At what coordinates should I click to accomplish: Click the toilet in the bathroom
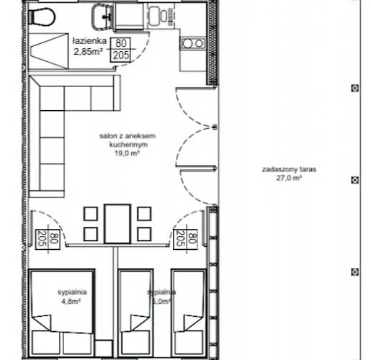pyautogui.click(x=46, y=15)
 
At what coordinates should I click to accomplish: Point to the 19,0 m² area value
pyautogui.click(x=128, y=153)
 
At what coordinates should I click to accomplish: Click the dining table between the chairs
pyautogui.click(x=117, y=223)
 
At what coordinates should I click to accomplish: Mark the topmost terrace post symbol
pyautogui.click(x=354, y=89)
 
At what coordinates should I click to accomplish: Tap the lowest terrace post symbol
pyautogui.click(x=354, y=271)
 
